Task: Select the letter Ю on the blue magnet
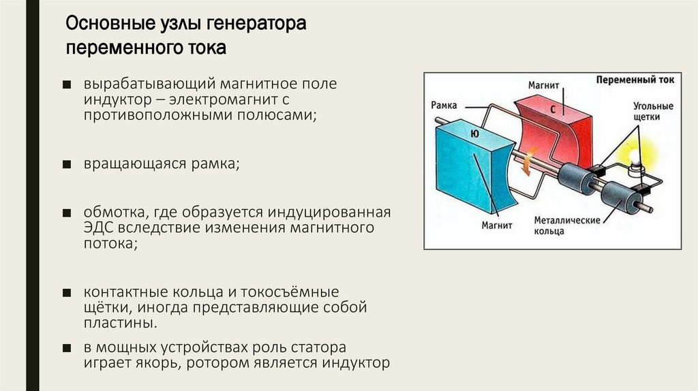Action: tap(474, 135)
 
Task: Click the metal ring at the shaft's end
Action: tap(618, 198)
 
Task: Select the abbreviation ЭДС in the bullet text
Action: tap(99, 227)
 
